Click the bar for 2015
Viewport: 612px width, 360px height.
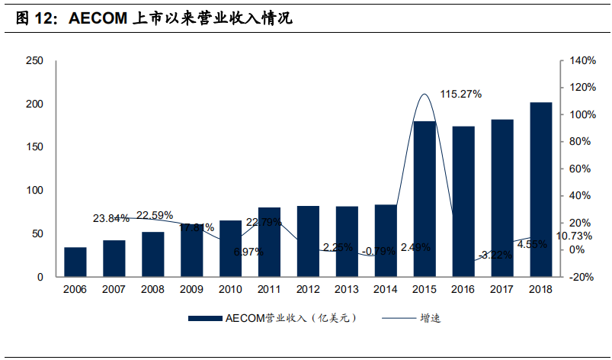click(x=425, y=199)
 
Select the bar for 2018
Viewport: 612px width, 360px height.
click(x=541, y=190)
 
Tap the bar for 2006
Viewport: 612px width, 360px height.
click(x=75, y=262)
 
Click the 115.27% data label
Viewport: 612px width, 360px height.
click(x=460, y=94)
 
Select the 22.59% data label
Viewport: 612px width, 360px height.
click(x=155, y=215)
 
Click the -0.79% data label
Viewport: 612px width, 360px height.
click(x=382, y=249)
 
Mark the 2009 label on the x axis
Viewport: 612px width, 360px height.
click(x=191, y=290)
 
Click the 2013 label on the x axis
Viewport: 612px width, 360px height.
click(x=347, y=290)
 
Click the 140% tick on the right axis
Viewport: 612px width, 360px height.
click(x=582, y=61)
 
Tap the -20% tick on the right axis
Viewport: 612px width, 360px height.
click(x=582, y=278)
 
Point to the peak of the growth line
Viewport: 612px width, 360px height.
click(x=425, y=94)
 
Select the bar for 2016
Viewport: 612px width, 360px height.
click(x=463, y=202)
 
